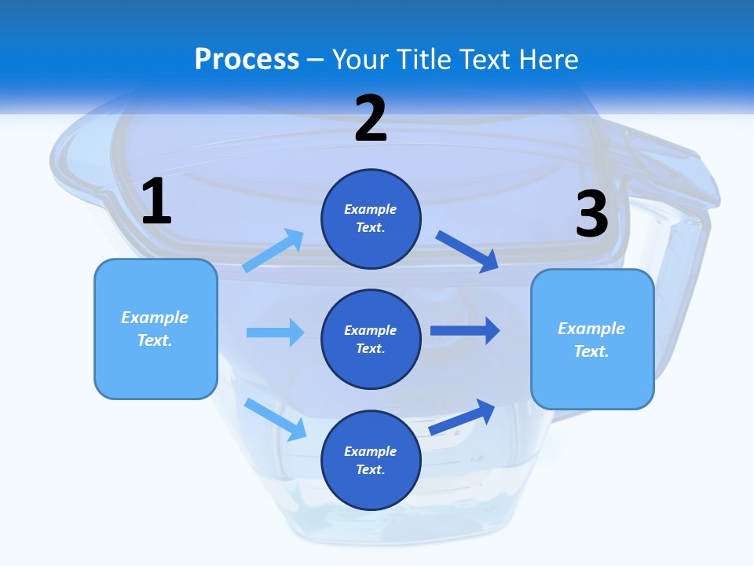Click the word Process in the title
tap(247, 60)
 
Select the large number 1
tap(156, 202)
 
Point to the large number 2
tap(371, 119)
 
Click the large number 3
tap(592, 215)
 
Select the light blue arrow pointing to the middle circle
tap(275, 333)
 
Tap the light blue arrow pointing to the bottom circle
tap(275, 419)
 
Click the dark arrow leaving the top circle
tap(467, 251)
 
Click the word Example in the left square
tap(155, 318)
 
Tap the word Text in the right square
tap(591, 351)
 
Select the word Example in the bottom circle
tap(370, 451)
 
